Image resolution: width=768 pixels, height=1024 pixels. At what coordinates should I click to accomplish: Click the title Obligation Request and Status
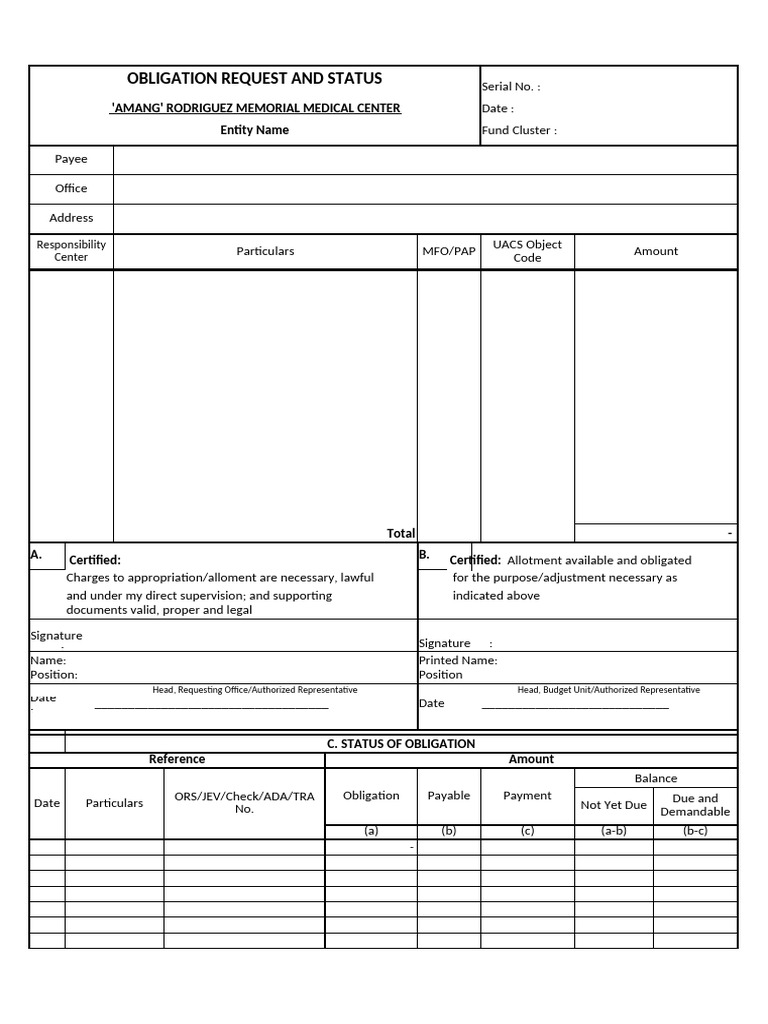click(254, 79)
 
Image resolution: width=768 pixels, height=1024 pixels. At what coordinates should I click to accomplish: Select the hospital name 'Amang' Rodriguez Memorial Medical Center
click(255, 108)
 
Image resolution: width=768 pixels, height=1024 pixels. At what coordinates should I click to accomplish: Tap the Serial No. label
click(510, 87)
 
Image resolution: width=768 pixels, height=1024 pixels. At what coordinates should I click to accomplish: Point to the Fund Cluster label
click(519, 130)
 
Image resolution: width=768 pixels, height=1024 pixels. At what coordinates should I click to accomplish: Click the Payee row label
click(71, 159)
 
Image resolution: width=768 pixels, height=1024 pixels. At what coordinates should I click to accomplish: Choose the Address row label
click(71, 218)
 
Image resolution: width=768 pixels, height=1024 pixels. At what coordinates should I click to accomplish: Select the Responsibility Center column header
click(71, 251)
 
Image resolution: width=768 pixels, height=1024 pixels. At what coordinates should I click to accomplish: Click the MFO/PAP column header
click(448, 251)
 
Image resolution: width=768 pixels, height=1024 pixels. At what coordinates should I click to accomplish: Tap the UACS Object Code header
click(527, 251)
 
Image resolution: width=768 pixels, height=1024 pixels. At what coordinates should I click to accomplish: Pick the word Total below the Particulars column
click(400, 534)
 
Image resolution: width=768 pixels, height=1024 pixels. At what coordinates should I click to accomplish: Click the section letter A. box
click(47, 556)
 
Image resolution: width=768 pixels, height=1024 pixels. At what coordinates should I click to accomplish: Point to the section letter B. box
click(432, 556)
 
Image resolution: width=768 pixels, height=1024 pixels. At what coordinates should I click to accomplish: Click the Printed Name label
click(457, 660)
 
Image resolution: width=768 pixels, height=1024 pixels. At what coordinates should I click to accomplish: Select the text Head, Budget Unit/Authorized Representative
click(608, 690)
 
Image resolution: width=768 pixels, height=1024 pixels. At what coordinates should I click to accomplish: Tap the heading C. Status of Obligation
click(401, 744)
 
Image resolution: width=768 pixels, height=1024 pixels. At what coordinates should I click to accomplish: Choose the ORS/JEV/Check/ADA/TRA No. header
click(244, 802)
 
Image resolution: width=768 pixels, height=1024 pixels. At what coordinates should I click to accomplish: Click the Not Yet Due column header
click(613, 805)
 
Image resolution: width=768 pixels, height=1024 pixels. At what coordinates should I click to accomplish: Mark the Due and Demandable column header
click(695, 805)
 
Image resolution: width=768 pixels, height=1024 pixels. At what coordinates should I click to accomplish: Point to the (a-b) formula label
click(613, 831)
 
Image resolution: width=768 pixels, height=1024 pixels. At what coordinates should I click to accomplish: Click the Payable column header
click(448, 796)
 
